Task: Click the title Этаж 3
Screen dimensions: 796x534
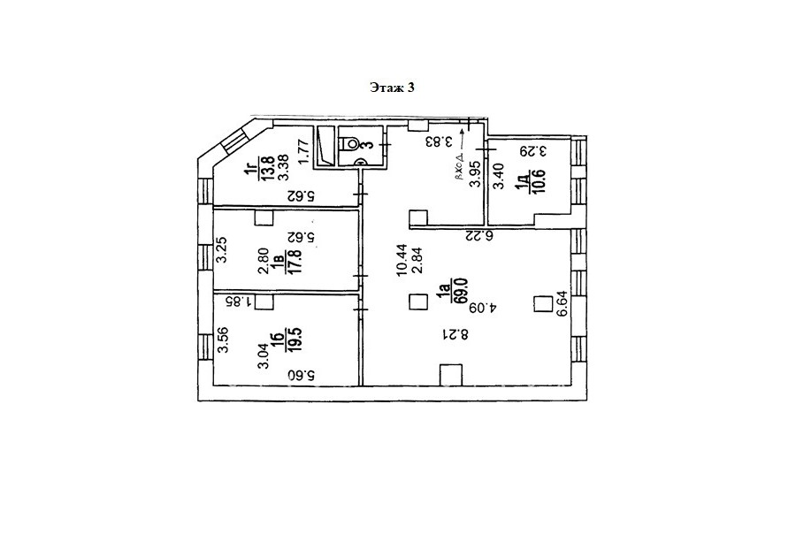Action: pyautogui.click(x=392, y=88)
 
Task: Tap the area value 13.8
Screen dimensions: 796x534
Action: pyautogui.click(x=268, y=168)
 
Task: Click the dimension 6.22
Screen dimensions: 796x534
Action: pyautogui.click(x=480, y=235)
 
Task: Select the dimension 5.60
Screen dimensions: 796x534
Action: pyautogui.click(x=302, y=376)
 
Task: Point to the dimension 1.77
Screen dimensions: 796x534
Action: pyautogui.click(x=304, y=152)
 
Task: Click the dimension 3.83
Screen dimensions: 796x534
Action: pyautogui.click(x=438, y=141)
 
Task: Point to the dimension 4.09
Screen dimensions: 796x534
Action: pyautogui.click(x=483, y=308)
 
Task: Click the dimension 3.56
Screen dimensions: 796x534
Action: pyautogui.click(x=223, y=340)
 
